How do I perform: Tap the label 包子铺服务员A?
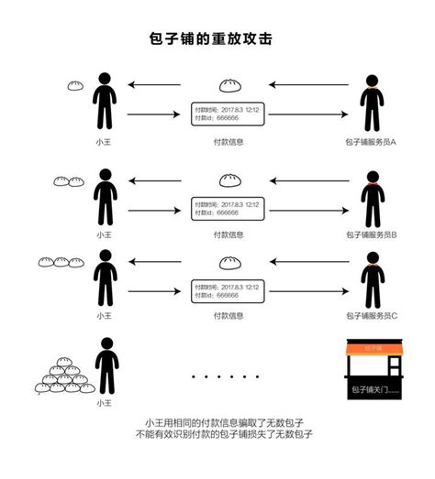click(x=371, y=142)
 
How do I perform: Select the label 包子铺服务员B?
click(x=371, y=234)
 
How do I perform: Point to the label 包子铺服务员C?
click(x=371, y=315)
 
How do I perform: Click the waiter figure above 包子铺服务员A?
click(x=370, y=101)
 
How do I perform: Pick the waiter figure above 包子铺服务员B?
click(x=370, y=195)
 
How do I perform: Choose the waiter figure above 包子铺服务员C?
click(x=370, y=276)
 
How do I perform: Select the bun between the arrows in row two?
click(x=228, y=180)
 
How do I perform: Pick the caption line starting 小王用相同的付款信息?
click(x=217, y=422)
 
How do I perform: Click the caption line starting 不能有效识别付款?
click(x=217, y=435)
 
